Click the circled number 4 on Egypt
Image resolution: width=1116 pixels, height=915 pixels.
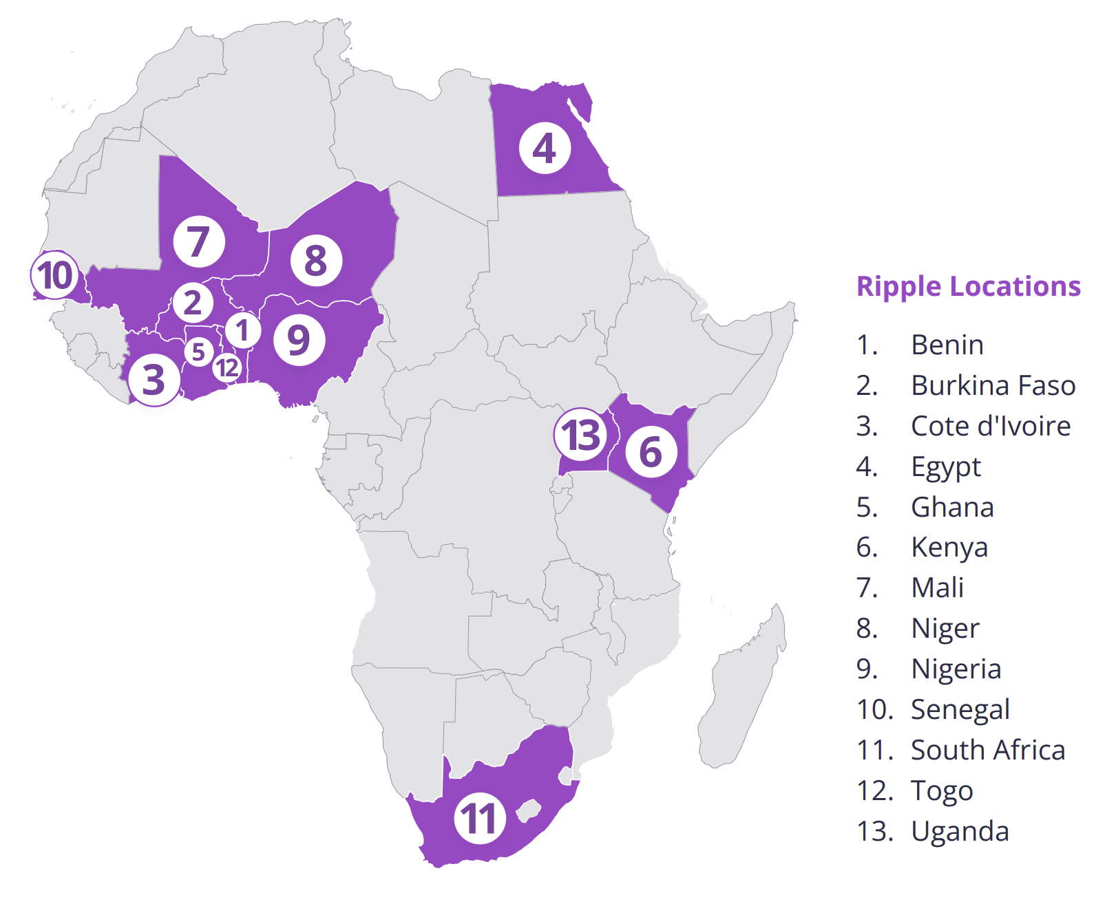click(x=545, y=149)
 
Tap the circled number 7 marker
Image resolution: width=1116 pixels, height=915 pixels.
click(x=199, y=241)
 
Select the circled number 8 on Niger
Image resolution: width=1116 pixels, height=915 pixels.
click(x=316, y=261)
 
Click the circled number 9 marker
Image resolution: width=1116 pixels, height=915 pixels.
click(x=299, y=340)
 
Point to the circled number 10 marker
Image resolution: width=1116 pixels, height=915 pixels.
click(x=55, y=275)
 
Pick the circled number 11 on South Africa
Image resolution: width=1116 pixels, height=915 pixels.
click(x=480, y=818)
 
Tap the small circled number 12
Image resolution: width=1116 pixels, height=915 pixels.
click(x=227, y=368)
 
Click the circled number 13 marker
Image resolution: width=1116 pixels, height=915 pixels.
click(x=581, y=435)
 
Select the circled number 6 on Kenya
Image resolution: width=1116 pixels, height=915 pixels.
click(x=651, y=452)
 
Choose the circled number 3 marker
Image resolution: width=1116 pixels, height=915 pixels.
click(x=154, y=380)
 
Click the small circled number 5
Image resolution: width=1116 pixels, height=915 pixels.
click(x=198, y=352)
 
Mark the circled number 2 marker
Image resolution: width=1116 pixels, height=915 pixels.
click(x=193, y=303)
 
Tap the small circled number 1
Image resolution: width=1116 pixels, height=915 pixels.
click(x=242, y=330)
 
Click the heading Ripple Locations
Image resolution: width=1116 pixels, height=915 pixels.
click(x=968, y=286)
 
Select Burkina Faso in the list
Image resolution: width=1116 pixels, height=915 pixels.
click(x=993, y=385)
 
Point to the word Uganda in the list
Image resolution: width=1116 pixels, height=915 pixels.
click(x=960, y=831)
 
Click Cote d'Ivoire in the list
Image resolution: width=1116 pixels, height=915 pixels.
click(x=990, y=426)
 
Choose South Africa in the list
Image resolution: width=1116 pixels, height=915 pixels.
click(x=987, y=750)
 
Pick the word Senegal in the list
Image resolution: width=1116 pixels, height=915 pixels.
click(x=960, y=709)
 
